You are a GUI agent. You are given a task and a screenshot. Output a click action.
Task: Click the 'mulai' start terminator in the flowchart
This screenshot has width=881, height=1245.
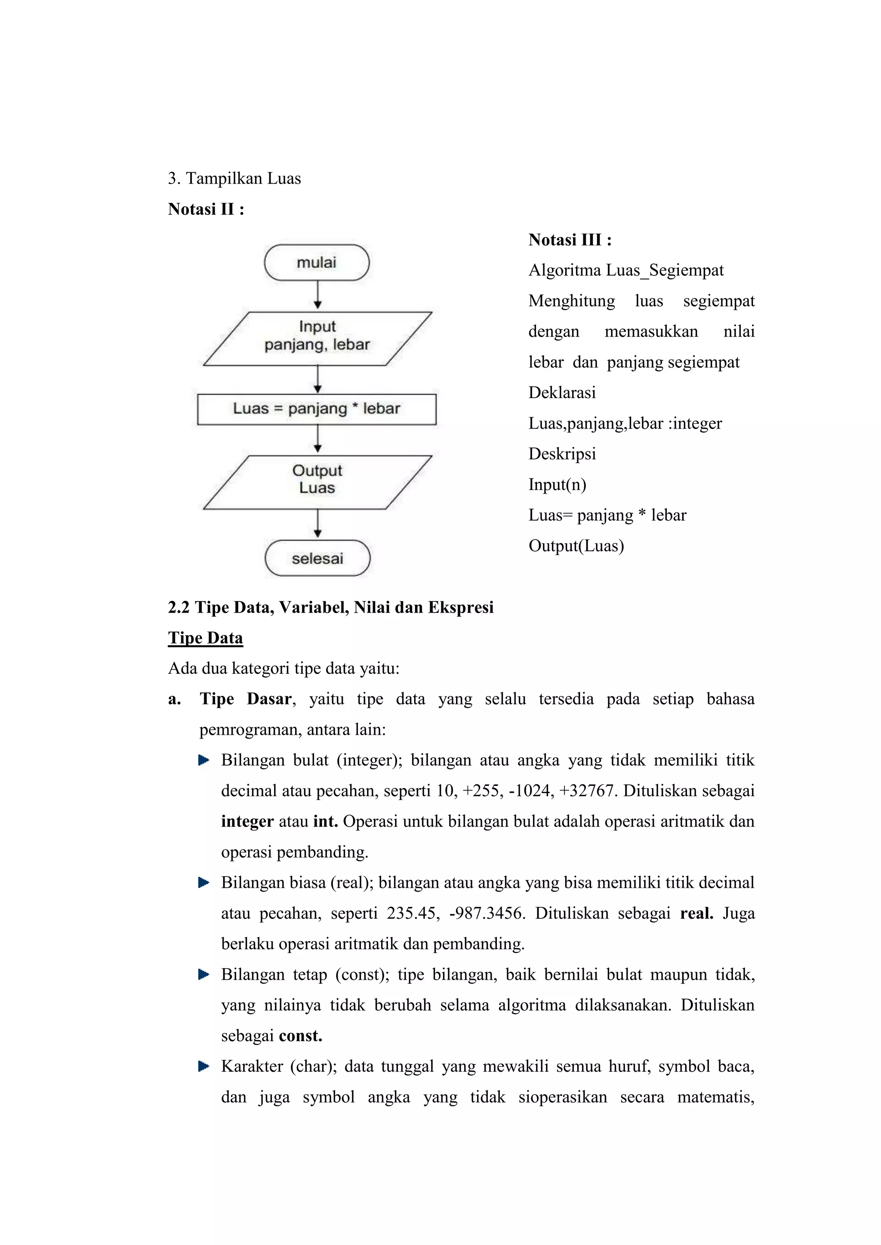317,262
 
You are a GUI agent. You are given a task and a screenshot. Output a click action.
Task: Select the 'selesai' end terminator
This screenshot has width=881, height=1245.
317,558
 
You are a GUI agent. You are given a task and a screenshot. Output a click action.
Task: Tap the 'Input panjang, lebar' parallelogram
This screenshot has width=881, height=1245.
317,338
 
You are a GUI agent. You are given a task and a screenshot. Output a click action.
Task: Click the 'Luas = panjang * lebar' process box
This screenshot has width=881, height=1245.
317,409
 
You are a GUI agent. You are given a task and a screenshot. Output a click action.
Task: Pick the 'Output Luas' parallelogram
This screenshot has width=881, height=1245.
317,481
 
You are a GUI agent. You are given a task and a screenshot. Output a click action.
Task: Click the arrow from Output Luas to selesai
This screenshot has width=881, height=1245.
318,524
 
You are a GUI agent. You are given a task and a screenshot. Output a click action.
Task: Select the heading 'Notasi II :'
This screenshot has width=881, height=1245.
206,209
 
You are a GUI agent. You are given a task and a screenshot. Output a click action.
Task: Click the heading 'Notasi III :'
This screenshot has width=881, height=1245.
570,240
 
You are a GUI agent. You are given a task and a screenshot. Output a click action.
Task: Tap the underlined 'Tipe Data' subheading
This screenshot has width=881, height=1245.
206,638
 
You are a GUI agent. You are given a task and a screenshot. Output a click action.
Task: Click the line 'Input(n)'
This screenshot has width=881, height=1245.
557,484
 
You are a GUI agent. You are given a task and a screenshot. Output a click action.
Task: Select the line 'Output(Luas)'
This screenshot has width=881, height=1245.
576,546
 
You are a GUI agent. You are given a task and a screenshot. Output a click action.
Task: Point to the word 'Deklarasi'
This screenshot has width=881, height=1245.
562,393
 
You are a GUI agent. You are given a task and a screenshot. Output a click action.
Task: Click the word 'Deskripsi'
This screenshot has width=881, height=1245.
562,454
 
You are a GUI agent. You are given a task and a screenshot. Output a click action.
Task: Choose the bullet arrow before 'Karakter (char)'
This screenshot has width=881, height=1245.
204,1067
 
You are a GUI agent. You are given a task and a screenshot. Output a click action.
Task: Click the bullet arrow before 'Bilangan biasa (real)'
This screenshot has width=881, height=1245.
204,883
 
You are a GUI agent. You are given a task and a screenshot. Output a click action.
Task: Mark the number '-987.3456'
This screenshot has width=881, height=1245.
487,913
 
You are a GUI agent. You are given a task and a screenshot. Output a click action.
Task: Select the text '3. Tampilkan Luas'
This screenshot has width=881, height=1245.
234,178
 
